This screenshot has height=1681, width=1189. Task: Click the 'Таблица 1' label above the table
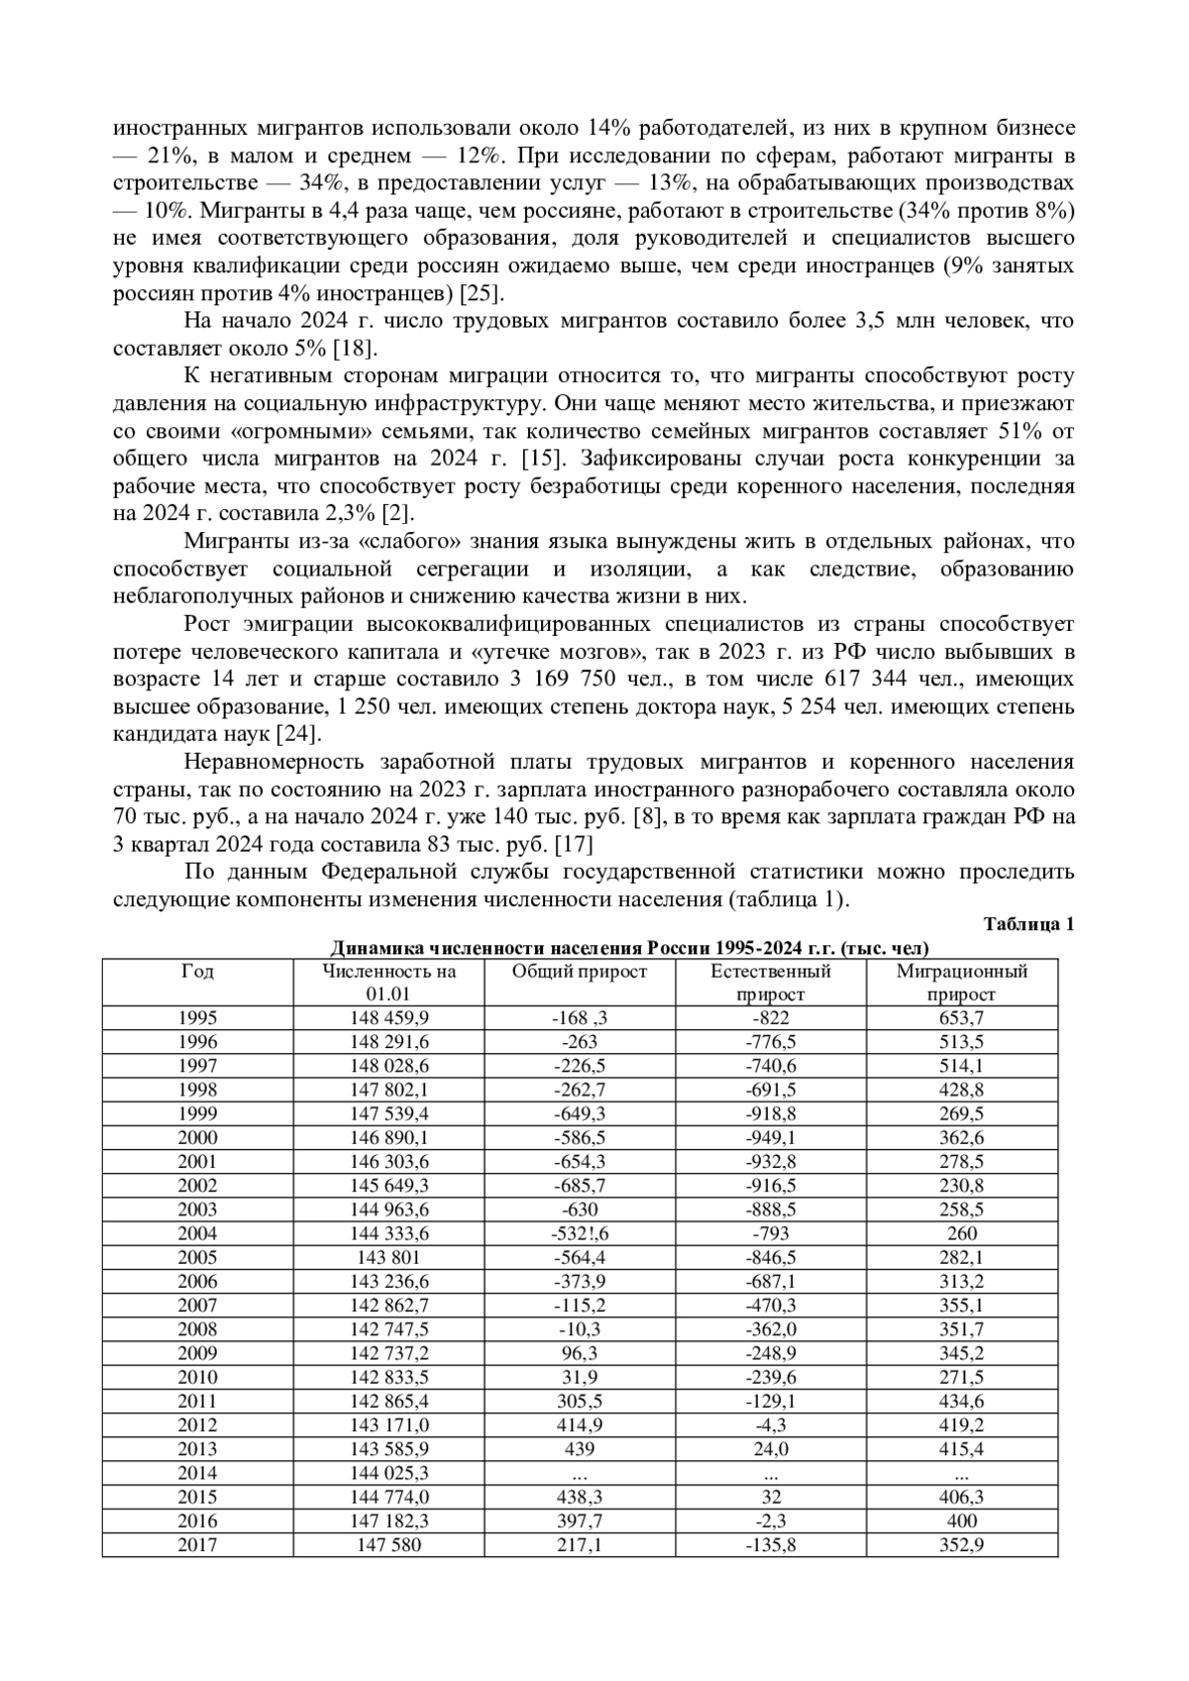[1028, 924]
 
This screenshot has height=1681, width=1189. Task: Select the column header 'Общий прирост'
[579, 972]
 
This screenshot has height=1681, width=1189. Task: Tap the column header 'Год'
[197, 972]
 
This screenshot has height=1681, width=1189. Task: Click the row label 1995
[197, 1018]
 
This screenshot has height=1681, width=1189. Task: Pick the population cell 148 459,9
[389, 1018]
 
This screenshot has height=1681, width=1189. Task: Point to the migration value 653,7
[961, 1018]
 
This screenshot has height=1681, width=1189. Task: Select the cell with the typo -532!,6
[579, 1234]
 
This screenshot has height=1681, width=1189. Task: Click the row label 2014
[197, 1474]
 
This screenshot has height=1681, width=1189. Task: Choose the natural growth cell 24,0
[770, 1449]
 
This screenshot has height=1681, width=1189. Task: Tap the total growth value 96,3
[579, 1354]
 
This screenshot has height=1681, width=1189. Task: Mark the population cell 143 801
[389, 1258]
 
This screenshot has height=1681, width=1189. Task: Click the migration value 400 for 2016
[961, 1522]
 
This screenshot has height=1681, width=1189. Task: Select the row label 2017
[197, 1545]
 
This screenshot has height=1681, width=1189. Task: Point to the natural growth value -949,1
[770, 1138]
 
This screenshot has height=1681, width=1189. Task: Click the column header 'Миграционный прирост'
[961, 983]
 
